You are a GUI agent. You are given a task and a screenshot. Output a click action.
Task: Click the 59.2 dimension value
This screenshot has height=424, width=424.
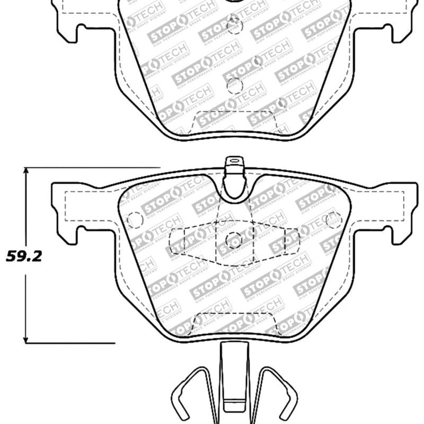pyautogui.click(x=23, y=257)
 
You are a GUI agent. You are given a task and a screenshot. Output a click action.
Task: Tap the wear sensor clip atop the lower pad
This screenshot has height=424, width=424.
pyautogui.click(x=233, y=165)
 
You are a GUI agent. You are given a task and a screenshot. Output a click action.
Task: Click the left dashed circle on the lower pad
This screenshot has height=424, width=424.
pyautogui.click(x=136, y=219)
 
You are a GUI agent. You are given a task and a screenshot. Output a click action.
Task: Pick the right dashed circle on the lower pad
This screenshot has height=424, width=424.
pyautogui.click(x=333, y=219)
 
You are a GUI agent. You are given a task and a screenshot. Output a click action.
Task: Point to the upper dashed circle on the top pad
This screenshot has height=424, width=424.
pyautogui.click(x=234, y=24)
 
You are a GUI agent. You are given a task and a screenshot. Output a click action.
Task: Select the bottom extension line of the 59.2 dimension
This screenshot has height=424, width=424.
pyautogui.click(x=69, y=343)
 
